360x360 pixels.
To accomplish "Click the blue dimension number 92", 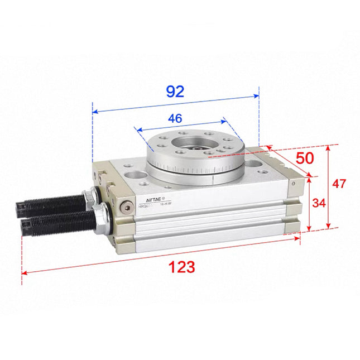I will click(175, 92).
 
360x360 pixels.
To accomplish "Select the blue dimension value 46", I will click(176, 118).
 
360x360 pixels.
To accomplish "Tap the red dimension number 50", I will click(305, 158).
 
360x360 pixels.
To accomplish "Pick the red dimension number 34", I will click(318, 203).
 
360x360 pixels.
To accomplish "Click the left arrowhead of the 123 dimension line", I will click(24, 273).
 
